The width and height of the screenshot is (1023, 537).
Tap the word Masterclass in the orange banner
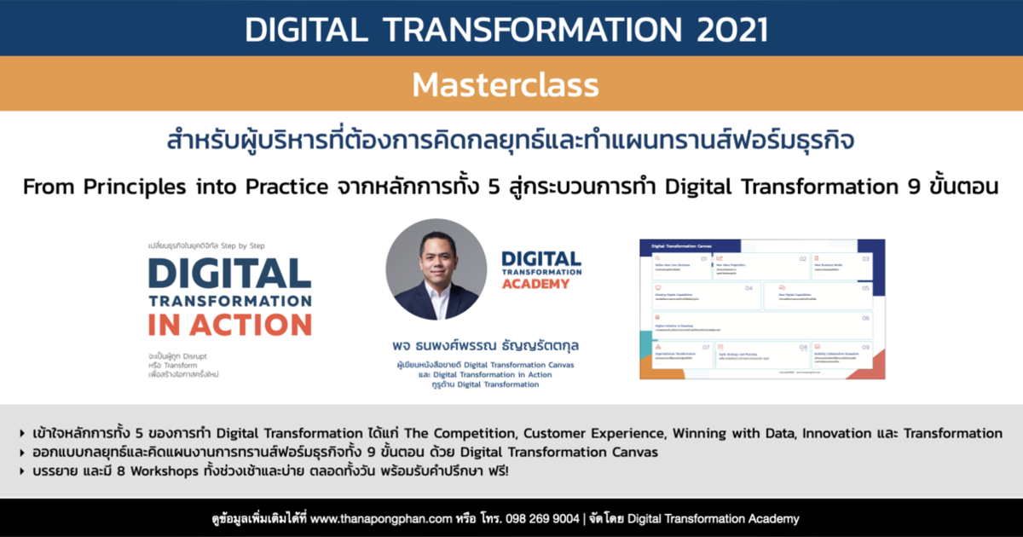[x=505, y=85]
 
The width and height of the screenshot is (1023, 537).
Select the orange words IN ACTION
[x=229, y=324]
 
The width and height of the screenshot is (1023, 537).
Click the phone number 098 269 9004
[x=543, y=518]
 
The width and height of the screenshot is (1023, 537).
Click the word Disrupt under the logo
[x=203, y=355]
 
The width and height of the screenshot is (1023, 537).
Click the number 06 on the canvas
[x=865, y=318]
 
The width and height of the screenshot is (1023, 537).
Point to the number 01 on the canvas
[x=703, y=257]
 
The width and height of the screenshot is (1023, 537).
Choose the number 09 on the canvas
[x=865, y=348]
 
